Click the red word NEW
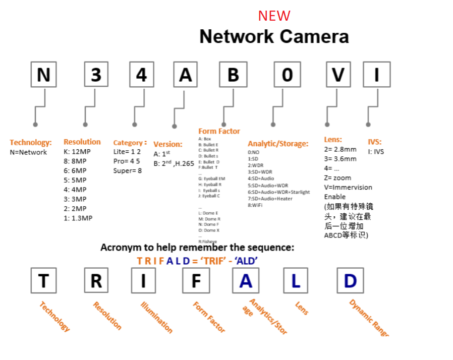click(274, 16)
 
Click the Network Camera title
click(274, 36)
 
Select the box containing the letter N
click(43, 75)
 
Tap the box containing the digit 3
click(96, 75)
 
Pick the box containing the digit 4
click(141, 75)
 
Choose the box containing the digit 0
click(287, 75)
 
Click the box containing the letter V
click(338, 75)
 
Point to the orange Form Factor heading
click(219, 132)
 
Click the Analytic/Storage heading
click(277, 144)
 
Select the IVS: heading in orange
click(375, 142)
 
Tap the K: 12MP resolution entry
click(77, 152)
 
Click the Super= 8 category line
click(127, 171)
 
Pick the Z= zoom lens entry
click(337, 177)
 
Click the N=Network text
click(28, 152)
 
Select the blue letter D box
click(350, 281)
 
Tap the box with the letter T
click(43, 281)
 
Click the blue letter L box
click(295, 281)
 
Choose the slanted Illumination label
click(156, 317)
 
